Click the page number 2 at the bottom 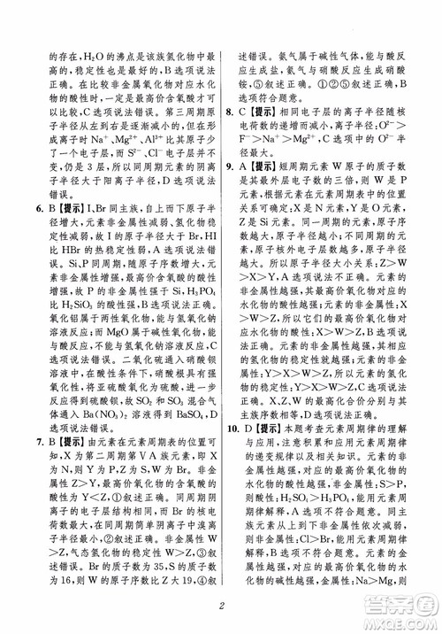221,612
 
